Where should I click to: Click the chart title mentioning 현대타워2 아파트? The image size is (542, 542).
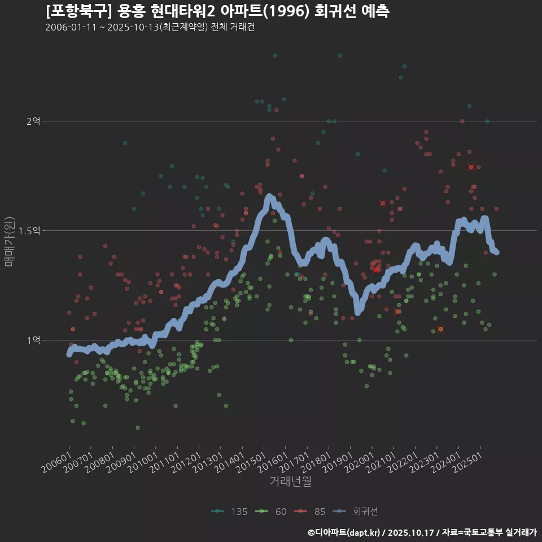[x=217, y=11]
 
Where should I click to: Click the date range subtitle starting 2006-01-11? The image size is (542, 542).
[x=150, y=28]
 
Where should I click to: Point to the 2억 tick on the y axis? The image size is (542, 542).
[x=34, y=121]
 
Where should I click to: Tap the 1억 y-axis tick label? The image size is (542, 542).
[x=34, y=340]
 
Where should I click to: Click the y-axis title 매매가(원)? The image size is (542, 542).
[x=9, y=241]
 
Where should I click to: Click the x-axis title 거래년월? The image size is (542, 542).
[x=290, y=481]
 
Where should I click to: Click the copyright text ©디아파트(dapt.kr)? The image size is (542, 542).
[x=346, y=532]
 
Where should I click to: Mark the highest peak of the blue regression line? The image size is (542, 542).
[x=269, y=196]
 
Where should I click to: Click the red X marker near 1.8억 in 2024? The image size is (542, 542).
[x=471, y=167]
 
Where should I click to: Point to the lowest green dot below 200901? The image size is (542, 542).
[x=137, y=427]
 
